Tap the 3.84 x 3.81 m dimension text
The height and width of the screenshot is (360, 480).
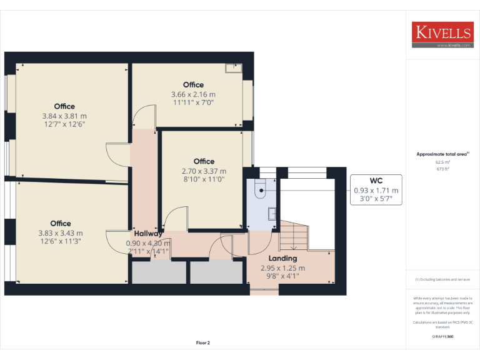tap(64, 116)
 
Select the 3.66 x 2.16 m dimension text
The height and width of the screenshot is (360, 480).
tap(193, 95)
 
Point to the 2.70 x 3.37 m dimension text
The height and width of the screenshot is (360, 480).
tap(204, 171)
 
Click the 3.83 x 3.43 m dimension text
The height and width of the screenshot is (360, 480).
tap(61, 233)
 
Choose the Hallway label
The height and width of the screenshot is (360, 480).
tap(147, 234)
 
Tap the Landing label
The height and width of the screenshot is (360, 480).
tap(282, 258)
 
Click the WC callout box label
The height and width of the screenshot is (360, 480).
tap(376, 181)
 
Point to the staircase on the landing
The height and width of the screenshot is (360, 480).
tap(293, 236)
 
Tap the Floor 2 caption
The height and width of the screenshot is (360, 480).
tap(203, 342)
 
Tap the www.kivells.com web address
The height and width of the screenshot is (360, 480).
tap(449, 46)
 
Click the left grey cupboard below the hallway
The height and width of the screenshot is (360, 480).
tap(159, 272)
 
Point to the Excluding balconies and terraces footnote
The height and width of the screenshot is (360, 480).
tap(442, 279)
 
